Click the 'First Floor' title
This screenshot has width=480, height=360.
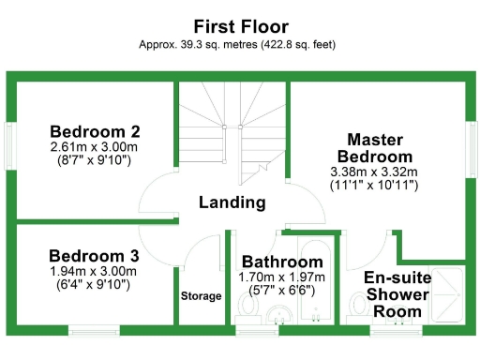click(x=240, y=25)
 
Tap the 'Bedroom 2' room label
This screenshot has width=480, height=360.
click(x=95, y=131)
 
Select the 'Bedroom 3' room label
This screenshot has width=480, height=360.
click(x=94, y=256)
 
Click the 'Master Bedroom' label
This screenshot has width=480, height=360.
click(x=374, y=146)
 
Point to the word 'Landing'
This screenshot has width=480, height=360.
click(x=232, y=202)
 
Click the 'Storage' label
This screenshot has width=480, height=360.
click(x=202, y=296)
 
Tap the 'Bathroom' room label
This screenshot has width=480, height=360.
click(x=282, y=262)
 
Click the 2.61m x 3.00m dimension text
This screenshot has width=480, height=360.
click(x=95, y=147)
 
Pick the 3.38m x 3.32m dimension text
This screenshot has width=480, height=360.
click(x=374, y=172)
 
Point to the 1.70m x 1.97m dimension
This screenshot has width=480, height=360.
click(x=282, y=277)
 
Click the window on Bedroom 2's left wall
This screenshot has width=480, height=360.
click(x=9, y=146)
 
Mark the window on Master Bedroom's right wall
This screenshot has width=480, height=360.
click(x=471, y=145)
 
